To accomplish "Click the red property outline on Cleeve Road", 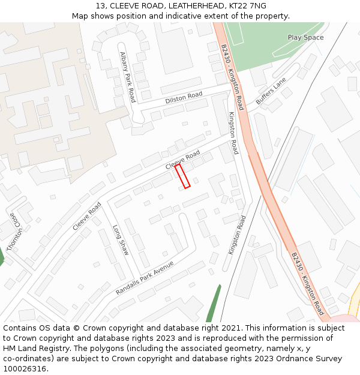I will pyautogui.click(x=182, y=176).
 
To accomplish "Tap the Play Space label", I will pyautogui.click(x=305, y=37).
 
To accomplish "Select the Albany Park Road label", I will pyautogui.click(x=128, y=76).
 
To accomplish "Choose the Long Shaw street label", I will pyautogui.click(x=121, y=240).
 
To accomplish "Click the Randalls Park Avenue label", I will pyautogui.click(x=145, y=278).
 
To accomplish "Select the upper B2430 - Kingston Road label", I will pyautogui.click(x=232, y=77).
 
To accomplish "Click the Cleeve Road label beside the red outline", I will pyautogui.click(x=182, y=159).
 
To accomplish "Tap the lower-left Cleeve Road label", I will pyautogui.click(x=87, y=216).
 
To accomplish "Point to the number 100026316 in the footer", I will pyautogui.click(x=25, y=369).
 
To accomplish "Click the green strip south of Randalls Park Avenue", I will pyautogui.click(x=214, y=303).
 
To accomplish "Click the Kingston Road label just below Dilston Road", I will pyautogui.click(x=233, y=133).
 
